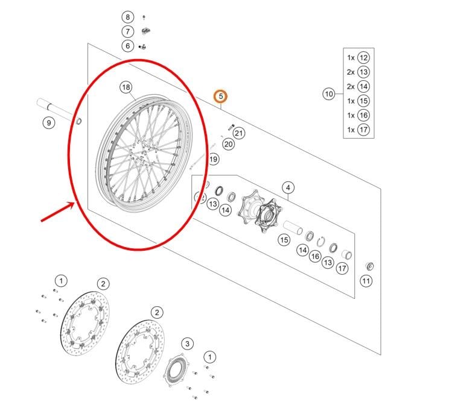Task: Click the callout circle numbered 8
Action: click(x=127, y=17)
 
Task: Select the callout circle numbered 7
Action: click(x=127, y=31)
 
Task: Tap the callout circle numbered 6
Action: click(x=127, y=46)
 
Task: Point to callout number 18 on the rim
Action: click(x=126, y=87)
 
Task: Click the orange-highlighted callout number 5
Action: click(x=221, y=96)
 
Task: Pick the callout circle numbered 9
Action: click(x=48, y=123)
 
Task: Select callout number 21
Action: click(x=238, y=133)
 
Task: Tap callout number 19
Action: click(x=214, y=160)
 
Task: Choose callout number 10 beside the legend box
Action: click(x=328, y=94)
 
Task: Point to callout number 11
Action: click(x=366, y=281)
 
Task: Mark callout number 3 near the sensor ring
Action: click(x=188, y=344)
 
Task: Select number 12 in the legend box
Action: click(x=363, y=58)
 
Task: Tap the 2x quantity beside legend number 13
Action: click(x=351, y=72)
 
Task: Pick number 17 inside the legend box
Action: click(x=363, y=130)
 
